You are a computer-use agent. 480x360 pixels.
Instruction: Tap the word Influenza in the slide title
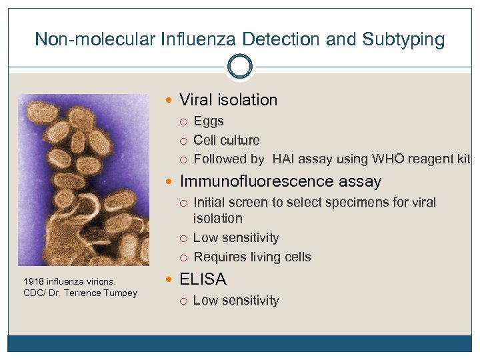(x=198, y=39)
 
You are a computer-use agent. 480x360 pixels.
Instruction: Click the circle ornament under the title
(x=240, y=67)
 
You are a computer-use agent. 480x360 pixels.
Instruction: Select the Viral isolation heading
(x=228, y=100)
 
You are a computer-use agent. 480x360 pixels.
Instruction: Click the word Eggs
(x=208, y=121)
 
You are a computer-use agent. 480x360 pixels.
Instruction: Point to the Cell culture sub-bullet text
(x=226, y=140)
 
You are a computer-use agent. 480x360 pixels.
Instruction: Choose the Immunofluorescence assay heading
(x=280, y=181)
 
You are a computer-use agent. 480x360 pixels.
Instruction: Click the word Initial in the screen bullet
(x=207, y=203)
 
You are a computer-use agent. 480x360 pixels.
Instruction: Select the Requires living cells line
(x=251, y=257)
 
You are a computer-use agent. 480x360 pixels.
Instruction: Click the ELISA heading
(x=203, y=279)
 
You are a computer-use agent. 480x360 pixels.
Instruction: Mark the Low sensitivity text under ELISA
(x=235, y=301)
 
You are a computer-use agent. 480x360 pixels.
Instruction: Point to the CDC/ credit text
(x=33, y=293)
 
